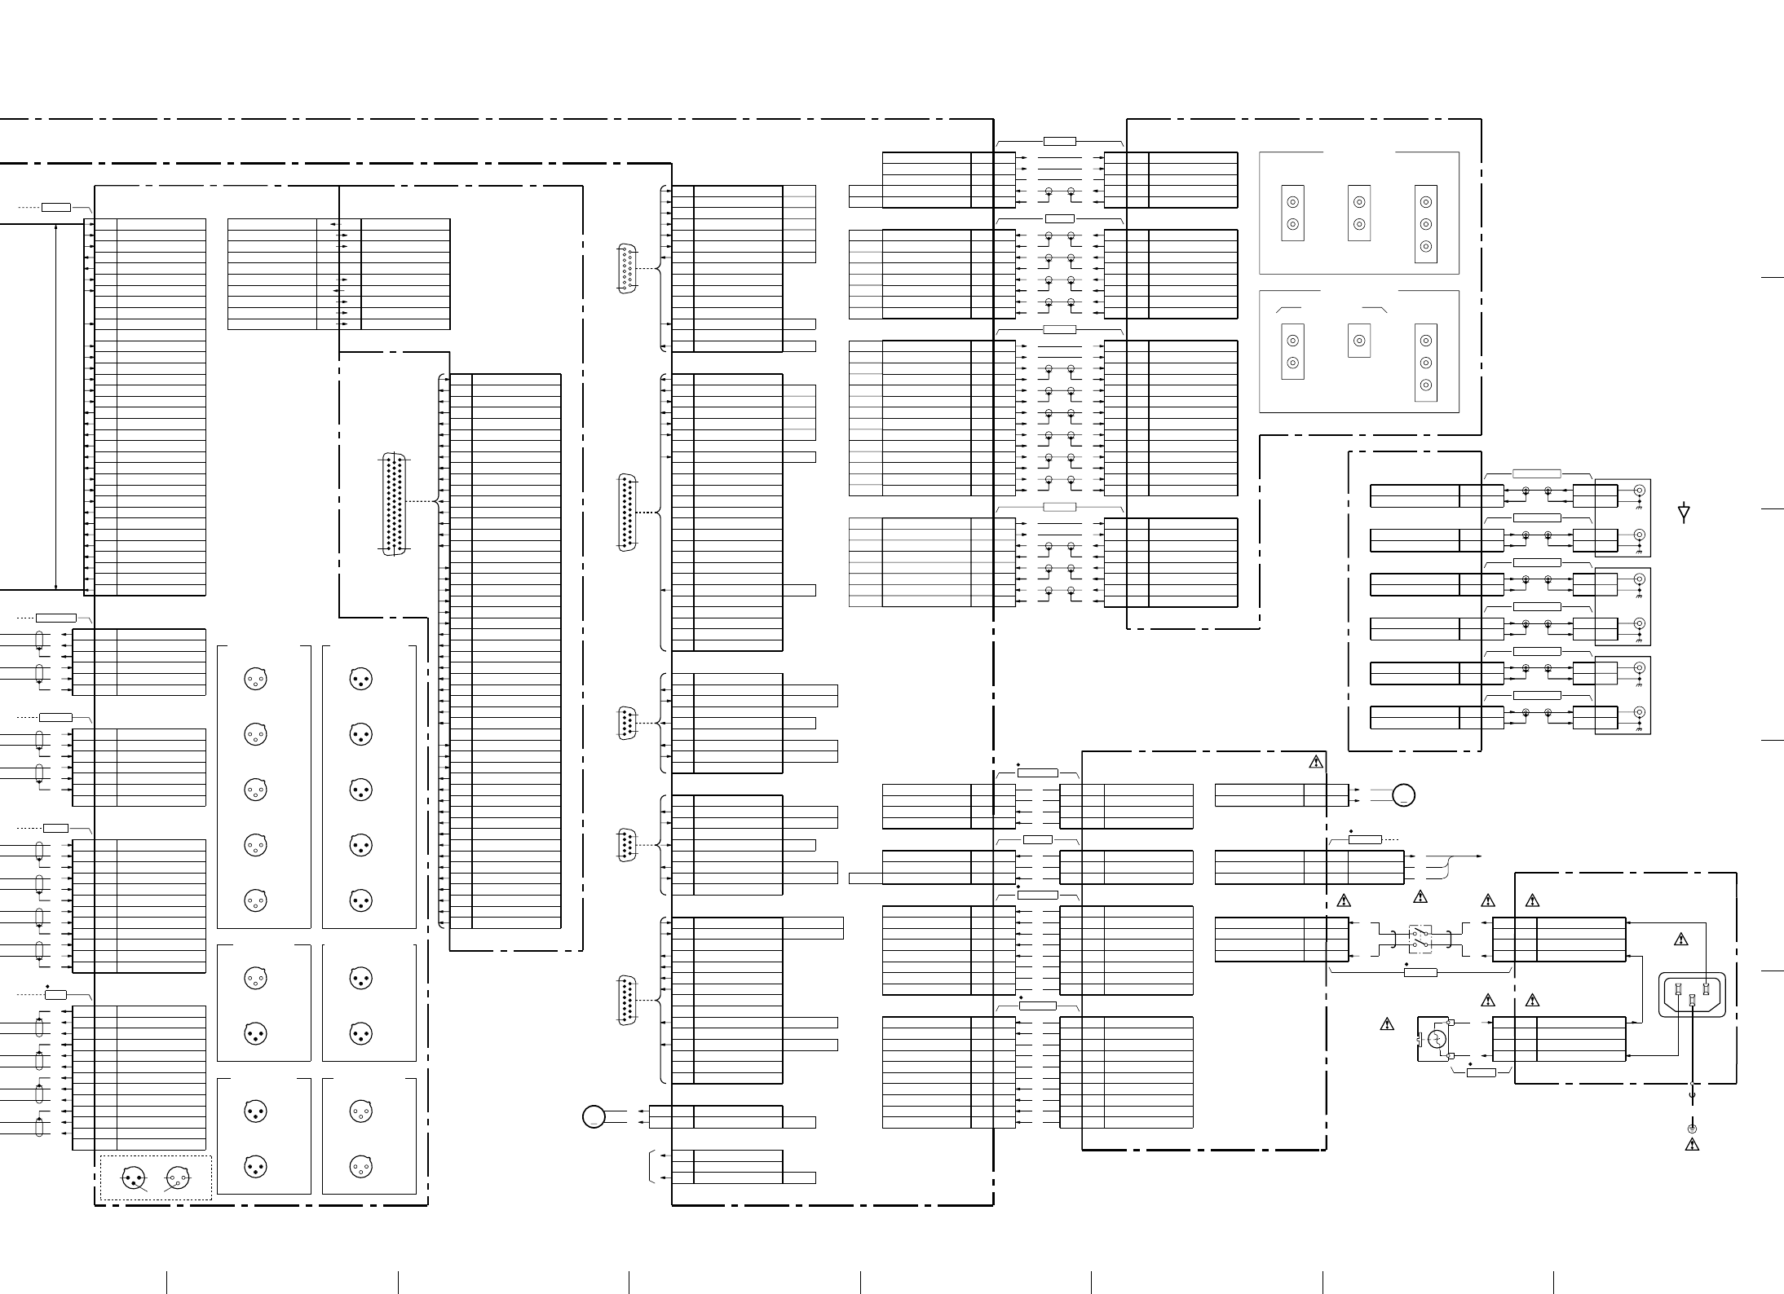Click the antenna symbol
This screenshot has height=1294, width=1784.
coord(1684,513)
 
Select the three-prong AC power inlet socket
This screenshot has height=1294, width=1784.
coord(1692,995)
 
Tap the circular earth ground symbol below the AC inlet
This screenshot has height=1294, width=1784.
coord(1692,1129)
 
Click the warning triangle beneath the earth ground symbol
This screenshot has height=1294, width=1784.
coord(1692,1145)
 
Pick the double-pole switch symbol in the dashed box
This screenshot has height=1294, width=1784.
coord(1420,940)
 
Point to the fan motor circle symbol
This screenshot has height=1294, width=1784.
coord(1437,1039)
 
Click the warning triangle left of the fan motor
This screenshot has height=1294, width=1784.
coord(1387,1024)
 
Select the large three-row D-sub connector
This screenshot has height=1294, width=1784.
coord(395,504)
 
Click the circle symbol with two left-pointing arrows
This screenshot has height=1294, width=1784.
coord(594,1116)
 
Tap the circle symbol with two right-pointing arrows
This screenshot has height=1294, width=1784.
coord(1403,795)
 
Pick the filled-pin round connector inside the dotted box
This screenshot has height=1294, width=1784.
coord(133,1177)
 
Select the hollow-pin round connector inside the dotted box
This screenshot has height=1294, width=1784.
coord(177,1177)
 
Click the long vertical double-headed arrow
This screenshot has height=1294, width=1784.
coord(55,405)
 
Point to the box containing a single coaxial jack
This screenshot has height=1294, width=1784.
coord(1358,341)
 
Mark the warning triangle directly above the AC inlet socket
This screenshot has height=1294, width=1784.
coord(1680,940)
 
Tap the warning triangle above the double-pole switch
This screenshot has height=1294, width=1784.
coord(1420,897)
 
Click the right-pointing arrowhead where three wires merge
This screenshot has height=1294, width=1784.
coord(1479,856)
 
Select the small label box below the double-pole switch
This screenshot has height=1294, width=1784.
coord(1420,972)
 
